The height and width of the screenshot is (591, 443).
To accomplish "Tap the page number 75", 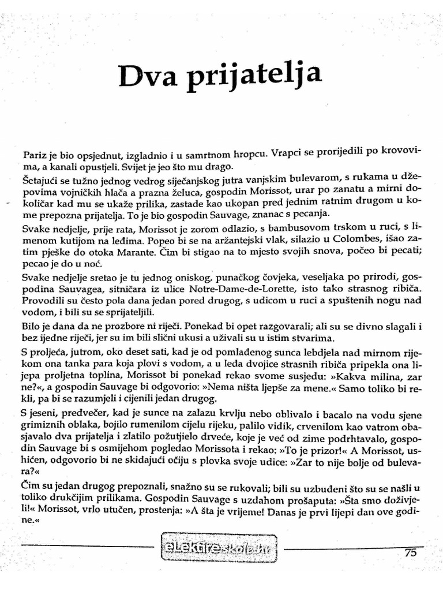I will pyautogui.click(x=410, y=552).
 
